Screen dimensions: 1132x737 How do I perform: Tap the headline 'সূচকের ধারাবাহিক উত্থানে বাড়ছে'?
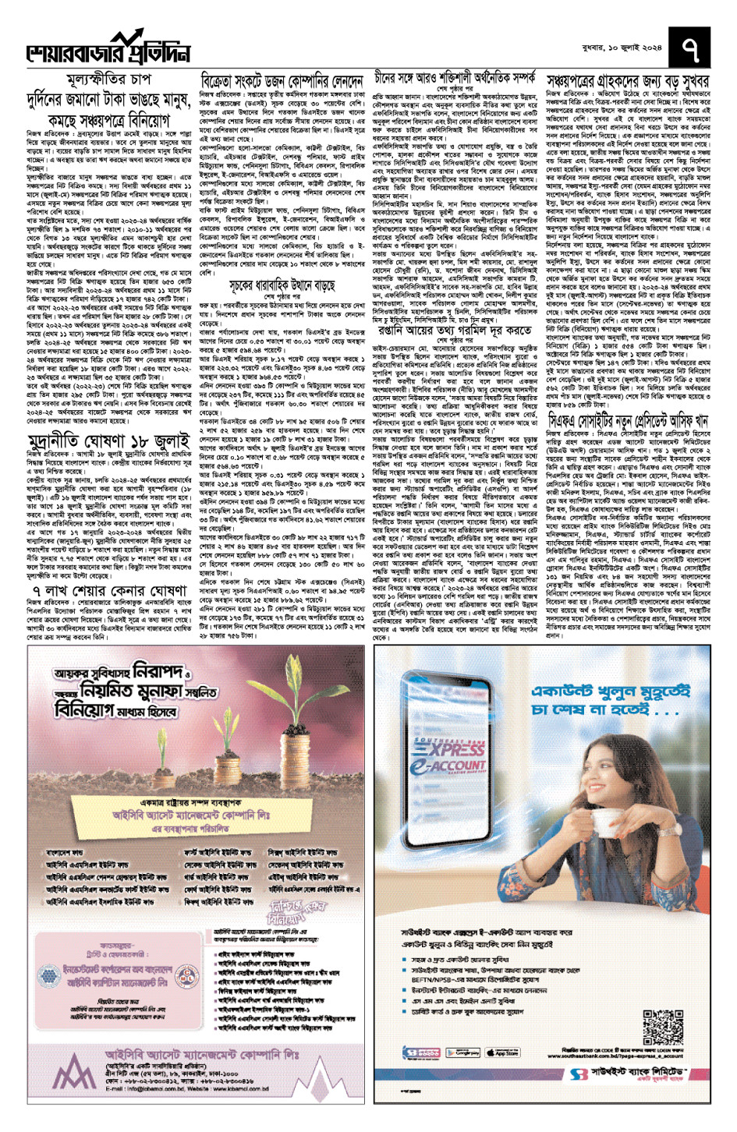click(282, 285)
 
